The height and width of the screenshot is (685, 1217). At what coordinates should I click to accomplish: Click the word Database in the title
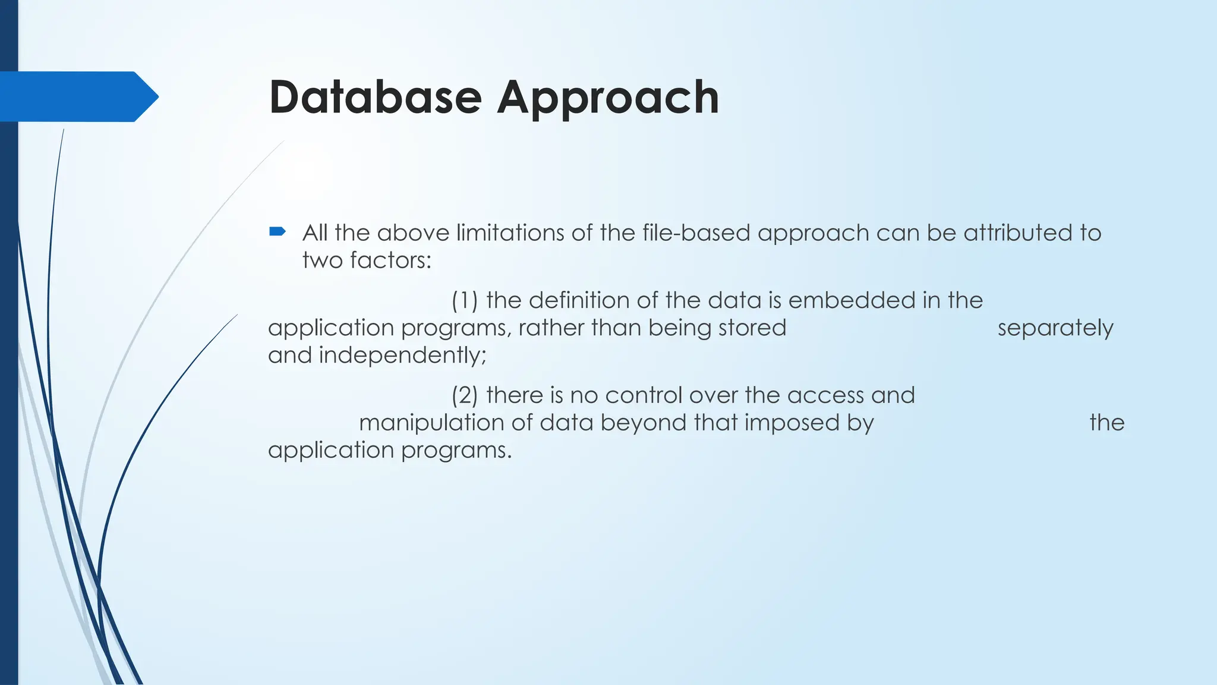click(375, 97)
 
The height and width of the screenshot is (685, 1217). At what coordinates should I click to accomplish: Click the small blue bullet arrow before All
click(278, 231)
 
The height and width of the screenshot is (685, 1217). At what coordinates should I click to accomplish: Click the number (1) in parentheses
click(465, 300)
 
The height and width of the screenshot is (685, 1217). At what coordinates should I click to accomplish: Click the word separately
click(1055, 328)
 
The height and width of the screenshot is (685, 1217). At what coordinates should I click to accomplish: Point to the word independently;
click(402, 355)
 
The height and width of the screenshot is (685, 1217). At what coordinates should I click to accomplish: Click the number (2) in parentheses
click(465, 395)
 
